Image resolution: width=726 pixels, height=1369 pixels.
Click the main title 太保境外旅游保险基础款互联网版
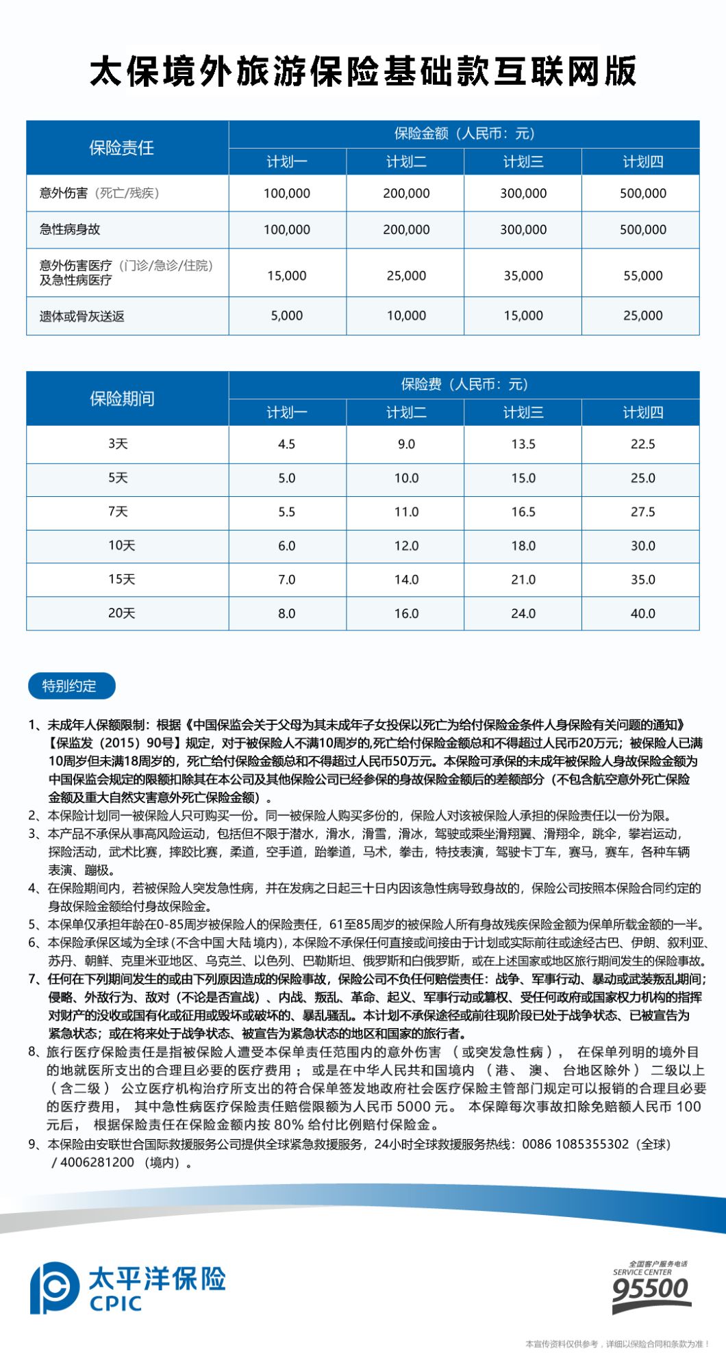pyautogui.click(x=363, y=71)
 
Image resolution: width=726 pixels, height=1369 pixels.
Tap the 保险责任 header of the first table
pyautogui.click(x=121, y=148)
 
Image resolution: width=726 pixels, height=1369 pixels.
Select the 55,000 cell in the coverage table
pyautogui.click(x=642, y=276)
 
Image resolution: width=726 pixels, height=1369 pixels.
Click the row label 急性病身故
pyautogui.click(x=70, y=230)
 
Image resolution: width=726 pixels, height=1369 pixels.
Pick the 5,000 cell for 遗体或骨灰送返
pyautogui.click(x=286, y=316)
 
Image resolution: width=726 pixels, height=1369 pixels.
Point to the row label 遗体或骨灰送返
pyautogui.click(x=82, y=316)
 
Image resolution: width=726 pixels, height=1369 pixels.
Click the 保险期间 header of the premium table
pyautogui.click(x=121, y=398)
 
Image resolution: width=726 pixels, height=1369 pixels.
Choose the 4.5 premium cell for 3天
pyautogui.click(x=286, y=444)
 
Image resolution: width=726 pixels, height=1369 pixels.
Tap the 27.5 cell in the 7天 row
pyautogui.click(x=642, y=512)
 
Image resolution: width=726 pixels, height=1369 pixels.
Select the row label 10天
pyautogui.click(x=121, y=546)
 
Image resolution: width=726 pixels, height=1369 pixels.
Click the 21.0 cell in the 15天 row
pyautogui.click(x=523, y=580)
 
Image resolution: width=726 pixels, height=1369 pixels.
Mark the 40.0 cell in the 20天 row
pyautogui.click(x=642, y=613)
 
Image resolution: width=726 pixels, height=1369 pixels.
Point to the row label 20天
pyautogui.click(x=121, y=613)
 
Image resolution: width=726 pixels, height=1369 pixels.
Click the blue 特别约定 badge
pyautogui.click(x=71, y=686)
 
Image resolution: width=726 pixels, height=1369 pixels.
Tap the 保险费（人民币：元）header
pyautogui.click(x=464, y=385)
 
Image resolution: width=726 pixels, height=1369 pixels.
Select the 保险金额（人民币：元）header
pyautogui.click(x=464, y=133)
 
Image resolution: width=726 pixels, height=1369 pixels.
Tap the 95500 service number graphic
pyautogui.click(x=650, y=1289)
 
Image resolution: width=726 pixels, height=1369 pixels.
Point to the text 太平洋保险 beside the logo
pyautogui.click(x=158, y=1279)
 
